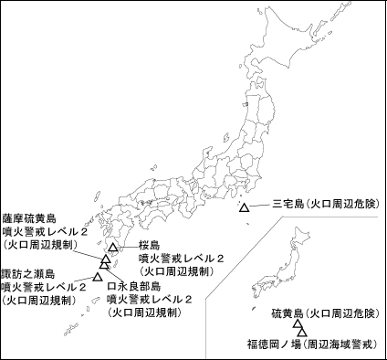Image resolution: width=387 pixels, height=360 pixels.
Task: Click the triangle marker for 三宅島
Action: tap(244, 209)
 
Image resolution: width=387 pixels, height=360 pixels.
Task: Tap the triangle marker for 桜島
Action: tap(112, 248)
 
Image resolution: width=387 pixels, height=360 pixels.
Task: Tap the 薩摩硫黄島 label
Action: tap(30, 218)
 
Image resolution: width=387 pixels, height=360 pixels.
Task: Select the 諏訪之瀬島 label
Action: tap(28, 273)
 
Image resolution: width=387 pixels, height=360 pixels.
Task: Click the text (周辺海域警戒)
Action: tap(340, 344)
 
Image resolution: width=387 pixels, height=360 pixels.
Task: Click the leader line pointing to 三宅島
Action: tap(259, 206)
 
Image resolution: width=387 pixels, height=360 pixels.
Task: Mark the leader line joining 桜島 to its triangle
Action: tap(129, 247)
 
